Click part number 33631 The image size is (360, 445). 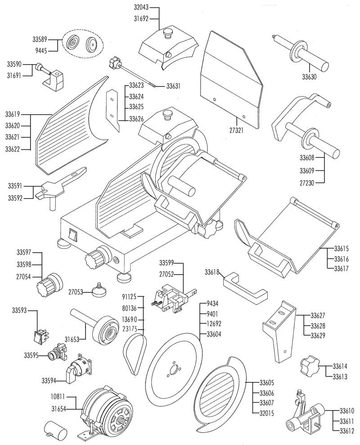tap(173, 86)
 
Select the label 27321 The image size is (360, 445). tap(236, 130)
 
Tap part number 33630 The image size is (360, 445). tap(309, 77)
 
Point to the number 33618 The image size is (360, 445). tap(212, 272)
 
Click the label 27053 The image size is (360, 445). tap(76, 292)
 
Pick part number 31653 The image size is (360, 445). tap(72, 339)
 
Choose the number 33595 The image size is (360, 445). tap(31, 355)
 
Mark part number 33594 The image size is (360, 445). tap(49, 381)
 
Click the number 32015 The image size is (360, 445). tap(267, 413)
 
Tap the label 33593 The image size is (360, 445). tap(19, 310)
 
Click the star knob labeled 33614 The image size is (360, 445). tap(309, 366)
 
